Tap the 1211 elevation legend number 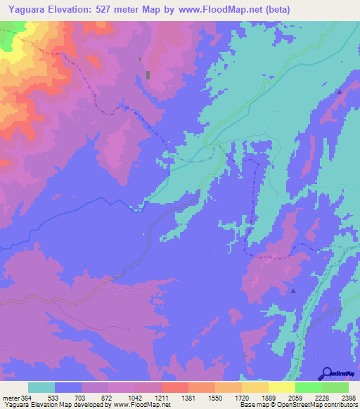[161, 397]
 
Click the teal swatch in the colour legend [41, 387]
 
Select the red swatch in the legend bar [175, 387]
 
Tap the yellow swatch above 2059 [282, 387]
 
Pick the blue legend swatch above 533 [68, 387]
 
